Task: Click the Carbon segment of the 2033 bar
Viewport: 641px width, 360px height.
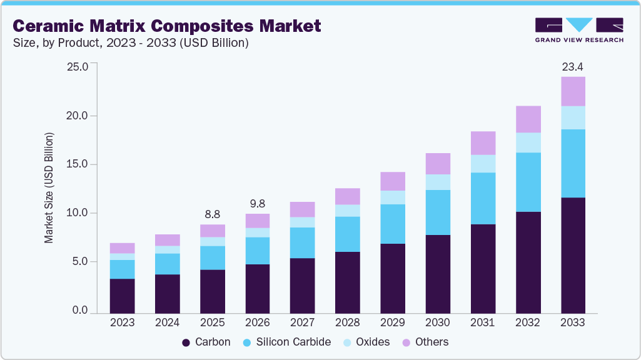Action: coord(573,255)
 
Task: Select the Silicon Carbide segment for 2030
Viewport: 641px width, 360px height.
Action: coord(437,212)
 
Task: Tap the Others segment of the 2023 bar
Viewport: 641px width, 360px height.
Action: coord(122,247)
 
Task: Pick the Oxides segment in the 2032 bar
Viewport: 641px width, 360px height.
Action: coord(528,142)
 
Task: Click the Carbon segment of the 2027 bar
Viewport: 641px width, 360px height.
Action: coord(302,285)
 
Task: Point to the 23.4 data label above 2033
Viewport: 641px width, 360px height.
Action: coord(573,66)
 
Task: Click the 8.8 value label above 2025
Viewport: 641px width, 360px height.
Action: coord(212,213)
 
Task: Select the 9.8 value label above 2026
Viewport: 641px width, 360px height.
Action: coord(257,203)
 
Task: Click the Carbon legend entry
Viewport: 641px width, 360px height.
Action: coord(206,342)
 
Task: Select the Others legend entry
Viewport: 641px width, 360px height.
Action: coord(425,342)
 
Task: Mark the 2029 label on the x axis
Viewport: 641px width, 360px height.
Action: coord(392,322)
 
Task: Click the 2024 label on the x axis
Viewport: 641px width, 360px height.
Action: coord(167,322)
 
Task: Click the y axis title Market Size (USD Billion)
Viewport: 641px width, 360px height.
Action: coord(49,187)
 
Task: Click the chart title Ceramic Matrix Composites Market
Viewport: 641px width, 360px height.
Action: coord(167,26)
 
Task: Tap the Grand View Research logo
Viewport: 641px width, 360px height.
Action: coord(579,30)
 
